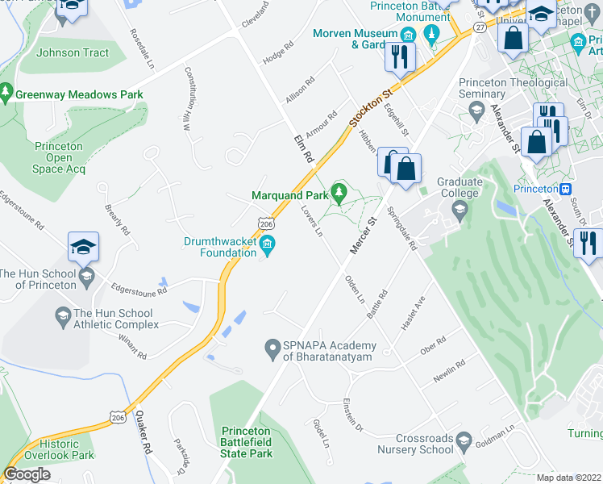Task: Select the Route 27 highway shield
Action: click(x=480, y=27)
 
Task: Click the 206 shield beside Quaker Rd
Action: click(x=119, y=413)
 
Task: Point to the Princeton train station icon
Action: click(x=566, y=189)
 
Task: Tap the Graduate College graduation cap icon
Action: click(x=460, y=211)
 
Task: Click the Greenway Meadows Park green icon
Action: click(x=7, y=94)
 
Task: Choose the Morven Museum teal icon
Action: click(x=409, y=35)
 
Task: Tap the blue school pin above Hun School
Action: click(x=83, y=247)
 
